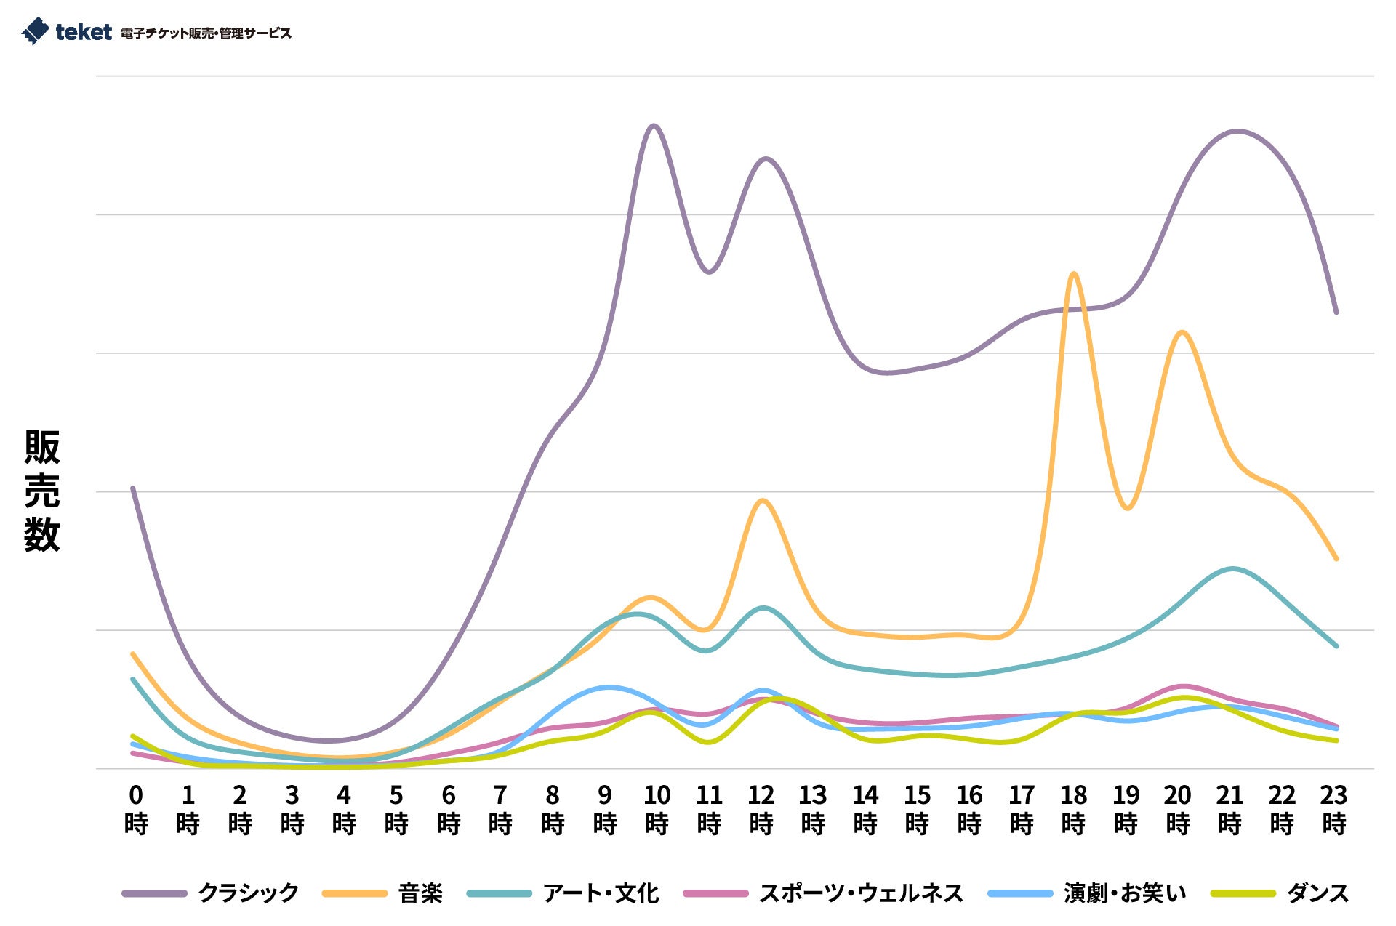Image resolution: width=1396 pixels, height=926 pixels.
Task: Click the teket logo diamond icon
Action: (x=35, y=31)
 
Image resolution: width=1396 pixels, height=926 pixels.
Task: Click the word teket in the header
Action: (x=84, y=32)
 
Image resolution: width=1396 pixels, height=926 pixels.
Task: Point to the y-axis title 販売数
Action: (x=41, y=491)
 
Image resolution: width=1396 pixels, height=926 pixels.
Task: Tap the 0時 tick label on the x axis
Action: (x=136, y=810)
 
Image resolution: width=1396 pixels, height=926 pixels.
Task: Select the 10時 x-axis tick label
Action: (x=657, y=810)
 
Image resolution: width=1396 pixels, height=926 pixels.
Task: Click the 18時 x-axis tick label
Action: (x=1074, y=810)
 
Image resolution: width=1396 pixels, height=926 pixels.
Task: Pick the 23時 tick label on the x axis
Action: (x=1334, y=810)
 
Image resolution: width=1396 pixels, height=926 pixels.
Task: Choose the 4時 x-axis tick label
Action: (x=344, y=810)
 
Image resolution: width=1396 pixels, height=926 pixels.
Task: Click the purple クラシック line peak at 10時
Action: (x=653, y=126)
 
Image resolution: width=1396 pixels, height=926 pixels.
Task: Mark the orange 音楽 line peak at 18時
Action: (x=1074, y=274)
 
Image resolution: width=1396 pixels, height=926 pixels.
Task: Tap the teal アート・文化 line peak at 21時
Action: (x=1232, y=568)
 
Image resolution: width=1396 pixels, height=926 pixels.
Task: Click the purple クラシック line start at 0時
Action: (x=132, y=488)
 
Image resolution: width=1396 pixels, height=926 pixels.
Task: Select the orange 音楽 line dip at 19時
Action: (x=1126, y=508)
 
